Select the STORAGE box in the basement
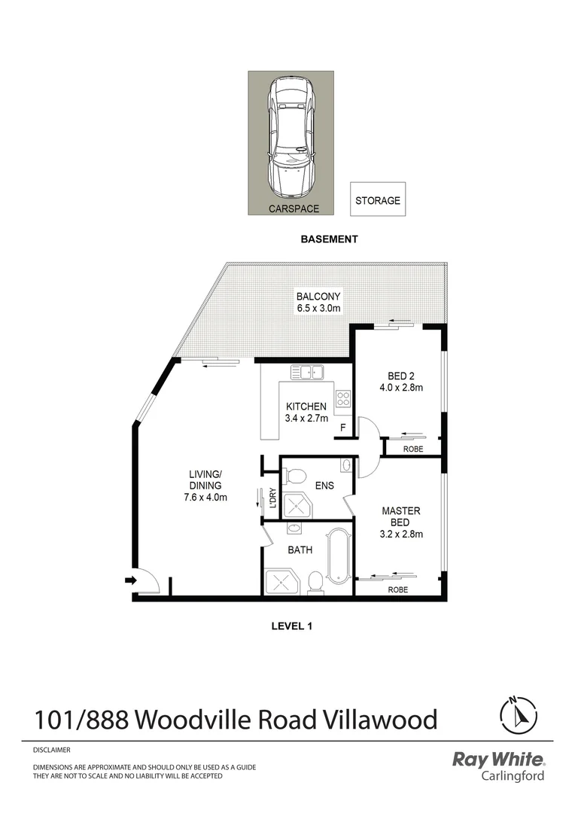[377, 201]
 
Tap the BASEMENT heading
[329, 239]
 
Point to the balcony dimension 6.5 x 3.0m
[318, 309]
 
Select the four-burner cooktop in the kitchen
[344, 400]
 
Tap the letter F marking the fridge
[343, 428]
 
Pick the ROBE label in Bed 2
[413, 449]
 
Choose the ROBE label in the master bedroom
[398, 590]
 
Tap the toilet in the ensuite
[296, 476]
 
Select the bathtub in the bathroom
[339, 556]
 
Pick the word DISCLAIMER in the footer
[51, 751]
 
